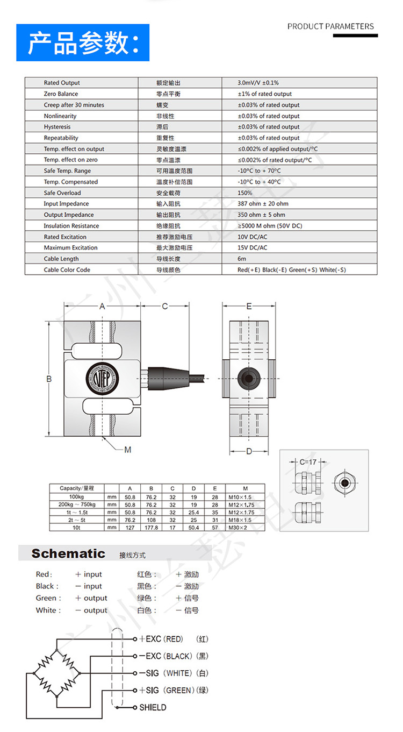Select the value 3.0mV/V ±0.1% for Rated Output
[258, 83]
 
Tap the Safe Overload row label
[62, 193]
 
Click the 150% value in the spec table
[244, 193]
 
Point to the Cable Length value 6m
[241, 259]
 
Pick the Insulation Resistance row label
[71, 226]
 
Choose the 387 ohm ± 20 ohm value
[263, 204]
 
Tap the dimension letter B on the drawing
[48, 379]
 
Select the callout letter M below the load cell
[127, 450]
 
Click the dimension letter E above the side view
[249, 306]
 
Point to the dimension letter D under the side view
[249, 451]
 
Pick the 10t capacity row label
[76, 528]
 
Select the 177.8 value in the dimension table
[151, 528]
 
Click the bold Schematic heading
[68, 553]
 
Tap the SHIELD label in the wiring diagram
[153, 707]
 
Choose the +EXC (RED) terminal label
[161, 639]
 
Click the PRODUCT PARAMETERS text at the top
[330, 26]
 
